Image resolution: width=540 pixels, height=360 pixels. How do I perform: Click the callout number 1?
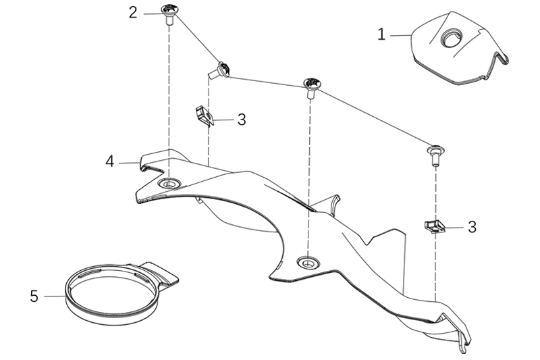point(381,34)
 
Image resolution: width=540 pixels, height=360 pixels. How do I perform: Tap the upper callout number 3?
point(241,120)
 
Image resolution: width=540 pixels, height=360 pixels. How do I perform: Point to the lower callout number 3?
point(472,227)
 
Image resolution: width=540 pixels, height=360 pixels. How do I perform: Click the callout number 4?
point(109,161)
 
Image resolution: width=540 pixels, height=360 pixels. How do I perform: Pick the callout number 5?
point(34,296)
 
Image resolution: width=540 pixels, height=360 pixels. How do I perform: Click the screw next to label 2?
point(169,14)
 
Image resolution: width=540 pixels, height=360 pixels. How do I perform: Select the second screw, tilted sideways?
point(221,69)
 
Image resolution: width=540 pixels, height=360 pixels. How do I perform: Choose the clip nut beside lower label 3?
point(435,226)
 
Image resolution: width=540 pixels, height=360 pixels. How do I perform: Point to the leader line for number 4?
point(128,162)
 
